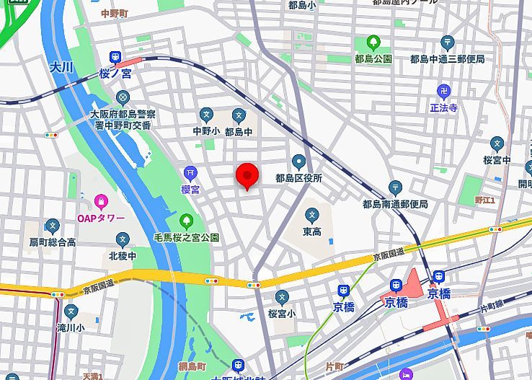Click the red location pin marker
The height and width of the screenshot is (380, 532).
247,175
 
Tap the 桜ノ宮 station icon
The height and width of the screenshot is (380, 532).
115,58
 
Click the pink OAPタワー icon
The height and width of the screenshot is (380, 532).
101,200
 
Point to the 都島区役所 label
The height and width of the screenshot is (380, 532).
298,177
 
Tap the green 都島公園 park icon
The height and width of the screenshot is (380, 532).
373,43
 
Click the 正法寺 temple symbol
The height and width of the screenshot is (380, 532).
444,91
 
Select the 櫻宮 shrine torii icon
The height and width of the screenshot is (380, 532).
190,172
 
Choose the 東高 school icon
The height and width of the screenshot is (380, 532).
312,215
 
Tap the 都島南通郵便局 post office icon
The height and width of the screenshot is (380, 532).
394,187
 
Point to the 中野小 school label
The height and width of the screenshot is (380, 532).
206,131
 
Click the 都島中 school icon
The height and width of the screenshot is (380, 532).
239,115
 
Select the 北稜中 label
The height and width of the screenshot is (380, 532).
122,255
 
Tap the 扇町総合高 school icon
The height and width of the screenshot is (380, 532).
51,226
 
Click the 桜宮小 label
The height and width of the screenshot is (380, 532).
282,313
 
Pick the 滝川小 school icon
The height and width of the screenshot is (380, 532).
71,311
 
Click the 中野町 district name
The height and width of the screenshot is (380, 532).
114,14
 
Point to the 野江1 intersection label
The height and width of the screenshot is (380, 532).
484,200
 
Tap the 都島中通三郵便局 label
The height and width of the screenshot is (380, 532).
447,59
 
